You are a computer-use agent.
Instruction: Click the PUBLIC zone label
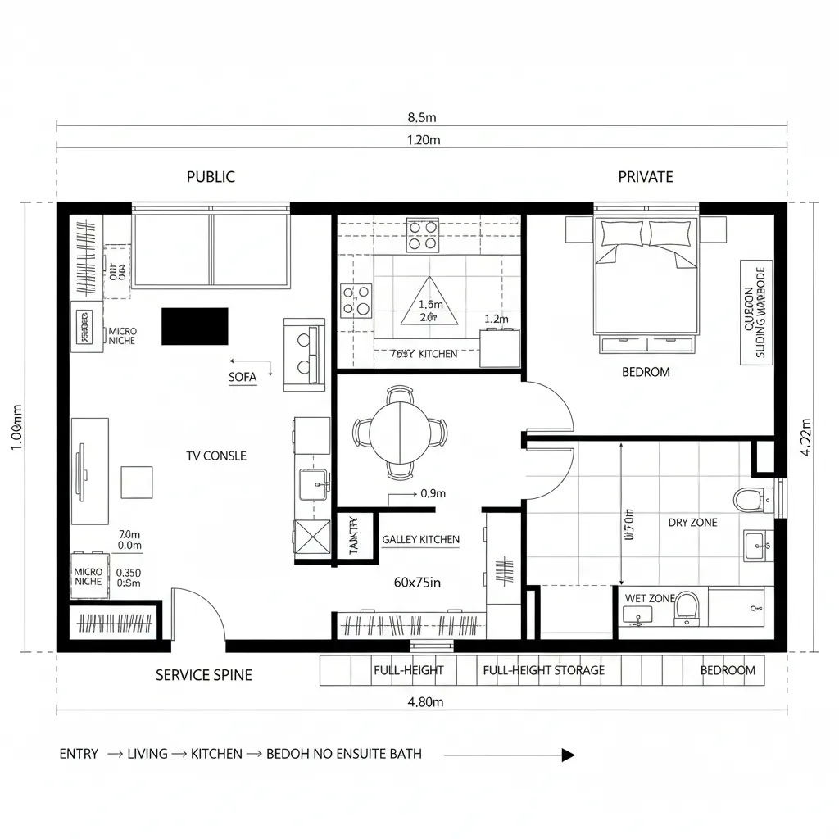211,176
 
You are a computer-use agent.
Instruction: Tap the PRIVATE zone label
646,176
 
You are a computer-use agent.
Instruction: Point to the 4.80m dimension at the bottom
425,701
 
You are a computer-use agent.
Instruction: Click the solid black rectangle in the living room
194,326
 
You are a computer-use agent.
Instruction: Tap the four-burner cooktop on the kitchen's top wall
423,235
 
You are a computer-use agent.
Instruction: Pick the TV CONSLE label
216,456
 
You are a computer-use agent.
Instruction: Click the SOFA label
243,377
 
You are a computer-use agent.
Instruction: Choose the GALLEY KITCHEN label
420,540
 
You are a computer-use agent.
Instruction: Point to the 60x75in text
417,583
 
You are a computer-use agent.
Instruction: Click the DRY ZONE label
692,522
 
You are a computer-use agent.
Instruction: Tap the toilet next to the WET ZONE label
687,609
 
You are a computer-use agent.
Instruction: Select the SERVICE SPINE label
204,675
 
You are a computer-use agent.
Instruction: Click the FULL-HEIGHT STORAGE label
543,670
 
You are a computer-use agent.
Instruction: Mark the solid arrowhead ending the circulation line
568,755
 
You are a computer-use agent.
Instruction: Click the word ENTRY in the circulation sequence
79,754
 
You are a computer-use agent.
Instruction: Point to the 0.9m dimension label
432,493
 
